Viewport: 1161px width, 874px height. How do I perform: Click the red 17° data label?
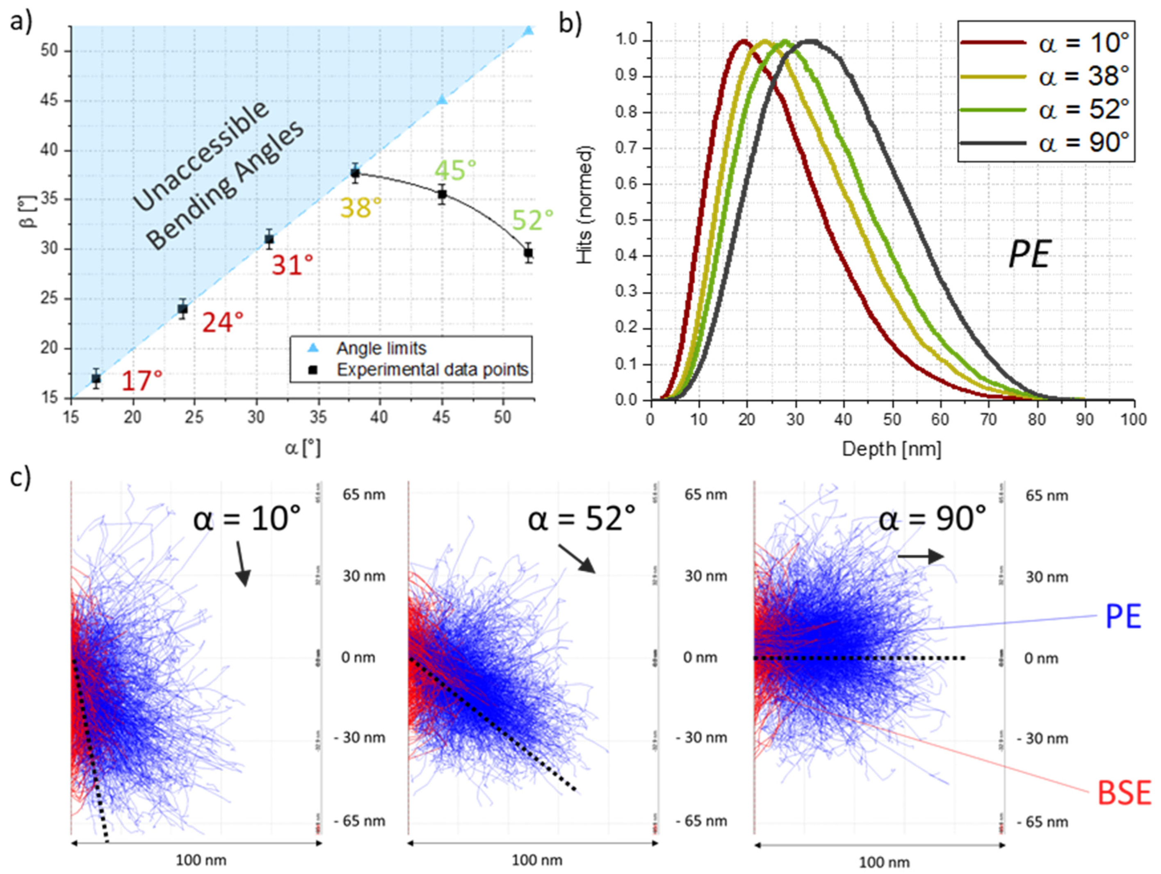[x=142, y=381]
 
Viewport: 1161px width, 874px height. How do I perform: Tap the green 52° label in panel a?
[x=533, y=220]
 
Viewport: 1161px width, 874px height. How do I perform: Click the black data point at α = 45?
[x=443, y=194]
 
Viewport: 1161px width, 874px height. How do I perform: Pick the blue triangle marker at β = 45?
[x=443, y=99]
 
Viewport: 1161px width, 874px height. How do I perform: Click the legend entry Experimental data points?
[x=431, y=370]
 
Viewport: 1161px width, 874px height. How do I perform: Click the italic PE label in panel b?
[x=1029, y=255]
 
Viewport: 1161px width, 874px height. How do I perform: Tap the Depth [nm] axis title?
[x=891, y=449]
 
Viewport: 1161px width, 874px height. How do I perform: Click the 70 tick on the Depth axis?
[x=988, y=420]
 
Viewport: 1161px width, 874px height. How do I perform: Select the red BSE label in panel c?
[x=1124, y=793]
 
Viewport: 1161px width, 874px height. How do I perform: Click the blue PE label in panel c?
[x=1123, y=617]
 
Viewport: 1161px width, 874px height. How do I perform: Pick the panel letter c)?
[x=21, y=478]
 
